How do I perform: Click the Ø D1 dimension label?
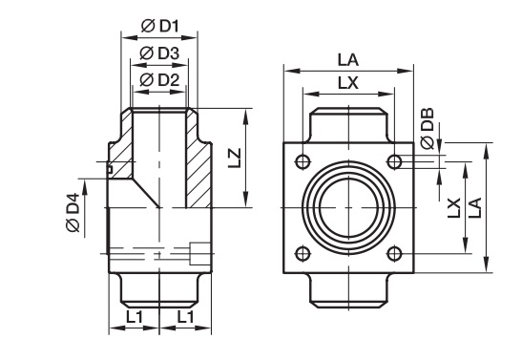[160, 26]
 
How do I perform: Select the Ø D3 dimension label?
[159, 53]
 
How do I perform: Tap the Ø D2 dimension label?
[159, 80]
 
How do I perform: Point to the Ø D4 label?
[73, 212]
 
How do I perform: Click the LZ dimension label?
[235, 159]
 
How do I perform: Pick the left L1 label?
[135, 317]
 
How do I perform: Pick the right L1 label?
[185, 317]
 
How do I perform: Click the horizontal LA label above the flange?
[348, 60]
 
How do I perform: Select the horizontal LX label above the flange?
[348, 83]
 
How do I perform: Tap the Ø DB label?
[428, 128]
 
